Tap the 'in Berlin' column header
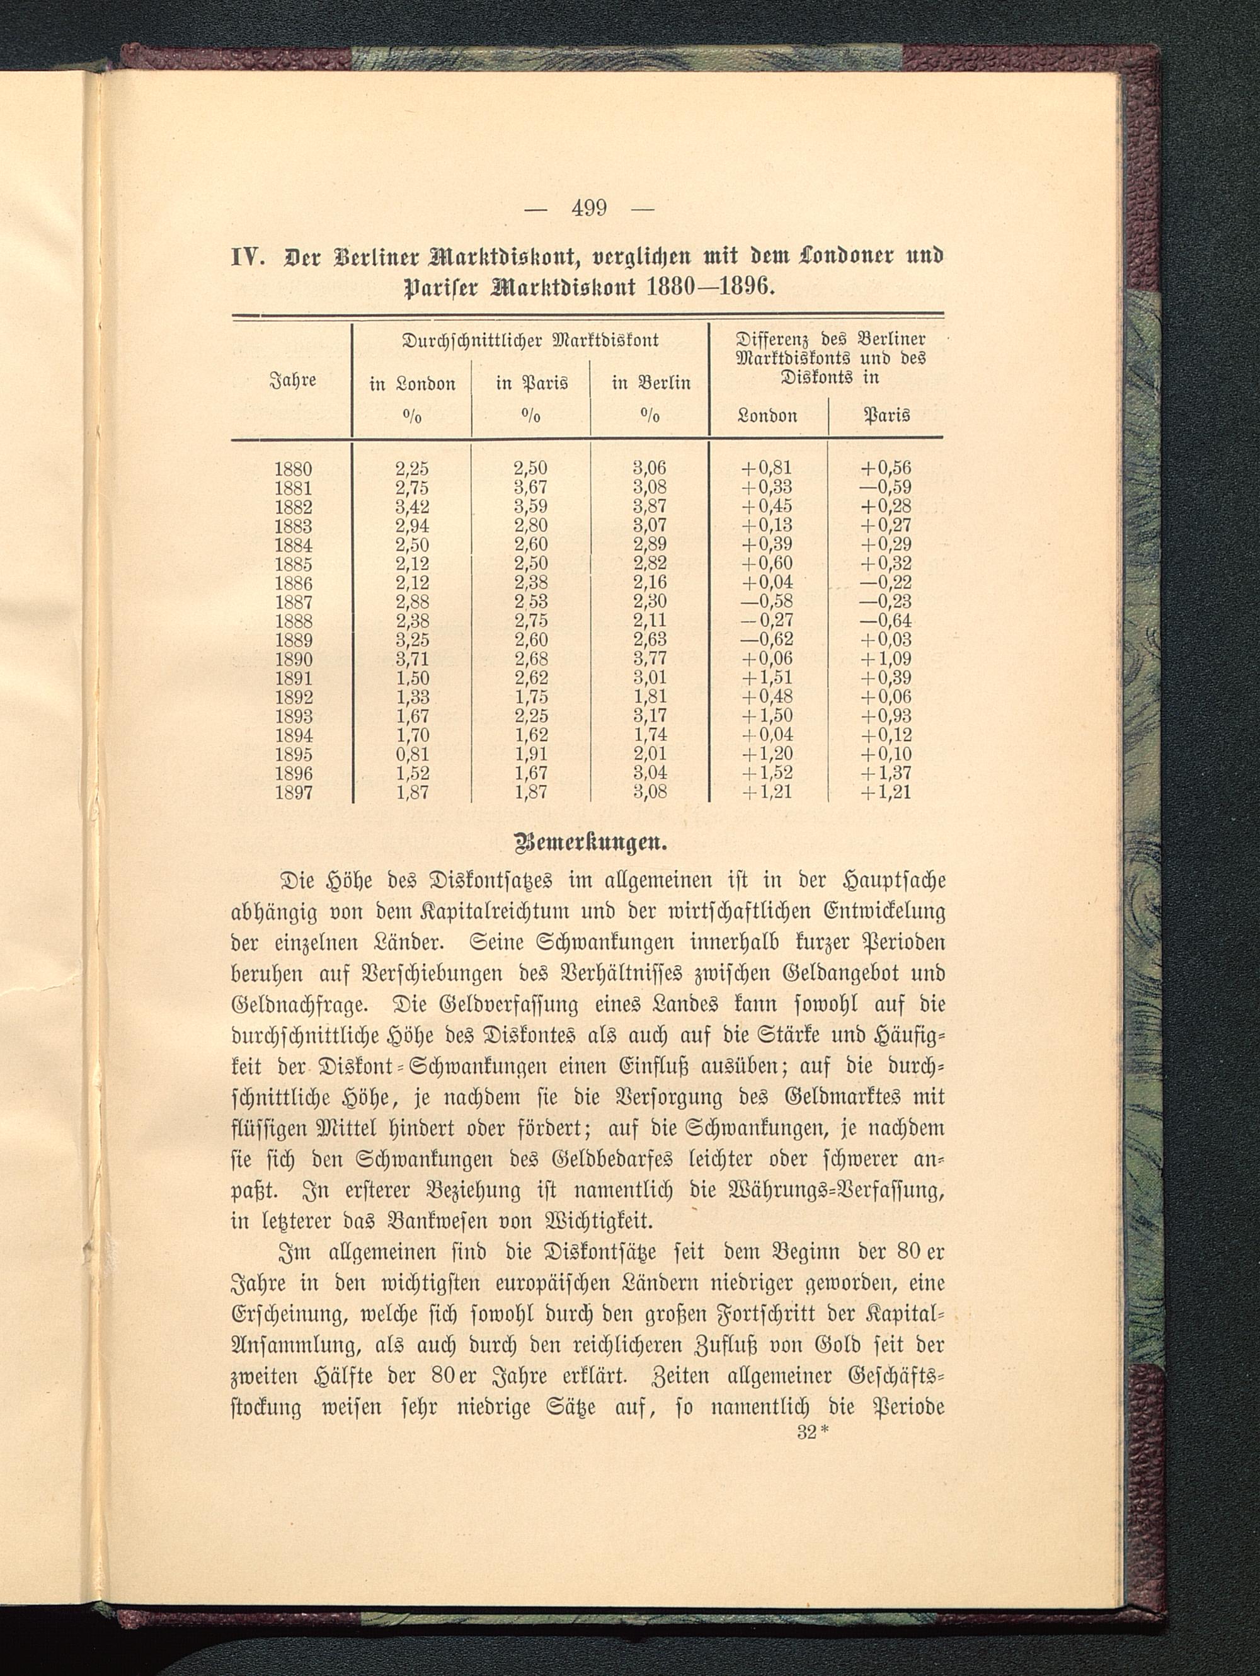651,383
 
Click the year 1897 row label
293,793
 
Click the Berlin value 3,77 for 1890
650,659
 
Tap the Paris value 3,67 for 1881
530,488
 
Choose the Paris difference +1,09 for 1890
886,659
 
